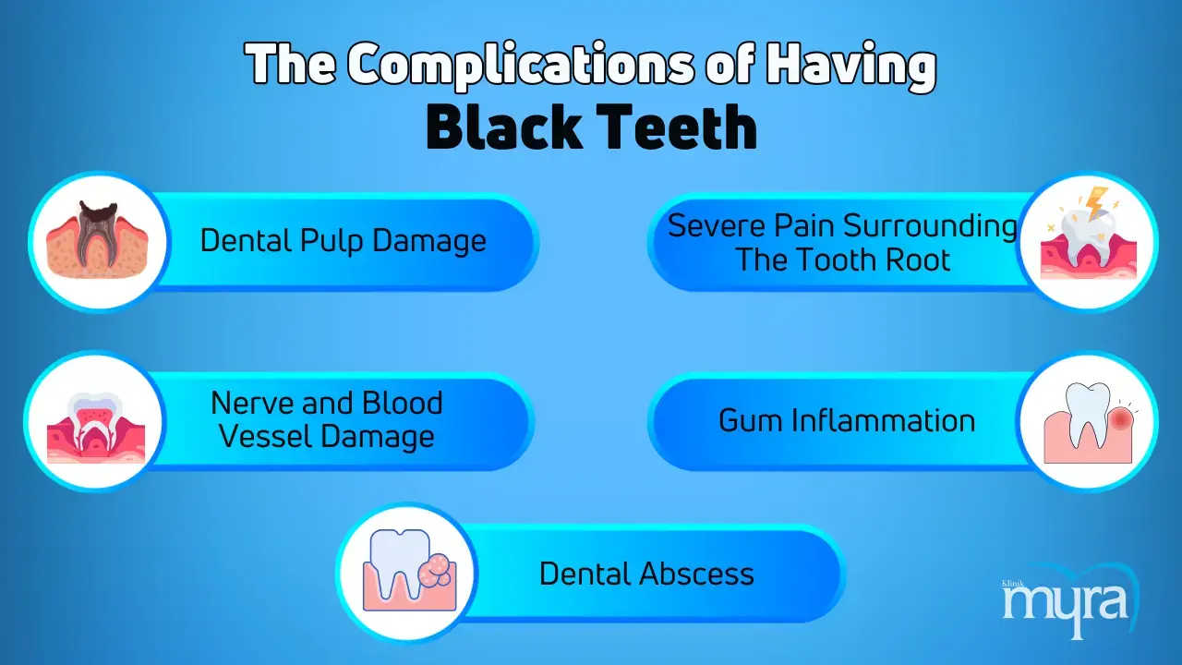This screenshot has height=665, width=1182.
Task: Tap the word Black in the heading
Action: coord(504,127)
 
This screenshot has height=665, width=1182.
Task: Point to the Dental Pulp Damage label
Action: coord(344,241)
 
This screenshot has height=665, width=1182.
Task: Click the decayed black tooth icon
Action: coord(98,239)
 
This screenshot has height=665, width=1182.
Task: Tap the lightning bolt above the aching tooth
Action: coord(1096,202)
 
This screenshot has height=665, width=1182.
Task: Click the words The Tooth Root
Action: coord(843,260)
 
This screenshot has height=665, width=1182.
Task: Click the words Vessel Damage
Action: coord(327,437)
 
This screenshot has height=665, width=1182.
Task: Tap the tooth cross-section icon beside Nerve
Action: coord(96,428)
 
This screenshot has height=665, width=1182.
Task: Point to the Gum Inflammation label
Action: coord(847,420)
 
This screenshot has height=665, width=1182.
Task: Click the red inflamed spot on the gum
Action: coord(1121,419)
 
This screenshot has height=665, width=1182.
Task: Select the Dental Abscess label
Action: coord(647,574)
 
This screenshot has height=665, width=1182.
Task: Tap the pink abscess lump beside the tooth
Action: coord(435,571)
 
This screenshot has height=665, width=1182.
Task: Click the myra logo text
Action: coord(1065,607)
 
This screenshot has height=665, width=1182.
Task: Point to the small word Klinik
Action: coord(1013,584)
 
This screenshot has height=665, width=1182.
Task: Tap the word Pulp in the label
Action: coord(332,242)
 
